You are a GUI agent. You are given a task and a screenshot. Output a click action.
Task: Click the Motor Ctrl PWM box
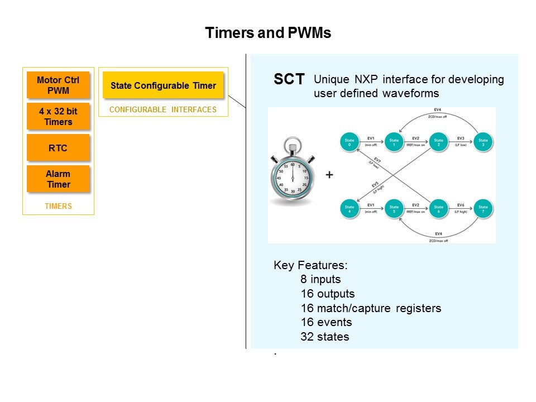click(58, 85)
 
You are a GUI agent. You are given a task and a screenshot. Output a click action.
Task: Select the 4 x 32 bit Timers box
click(58, 117)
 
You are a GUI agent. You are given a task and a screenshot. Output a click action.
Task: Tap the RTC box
click(58, 147)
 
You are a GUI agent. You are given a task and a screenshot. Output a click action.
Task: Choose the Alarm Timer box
click(58, 179)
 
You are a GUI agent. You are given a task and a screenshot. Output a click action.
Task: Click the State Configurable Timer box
click(163, 86)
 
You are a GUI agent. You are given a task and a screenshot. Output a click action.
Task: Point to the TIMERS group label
click(58, 207)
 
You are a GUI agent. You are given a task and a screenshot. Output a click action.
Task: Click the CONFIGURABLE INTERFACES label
click(163, 110)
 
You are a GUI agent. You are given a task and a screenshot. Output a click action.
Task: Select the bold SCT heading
click(289, 80)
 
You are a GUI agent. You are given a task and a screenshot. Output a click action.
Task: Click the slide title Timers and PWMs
click(268, 33)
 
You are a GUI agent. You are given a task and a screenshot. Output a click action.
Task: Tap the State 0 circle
click(350, 142)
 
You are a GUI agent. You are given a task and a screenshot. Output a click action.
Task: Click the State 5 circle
click(394, 210)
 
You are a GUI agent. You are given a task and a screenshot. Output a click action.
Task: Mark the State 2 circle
click(438, 142)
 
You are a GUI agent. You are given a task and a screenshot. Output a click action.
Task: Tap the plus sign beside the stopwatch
click(329, 175)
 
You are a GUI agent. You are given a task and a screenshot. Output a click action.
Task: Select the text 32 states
click(324, 337)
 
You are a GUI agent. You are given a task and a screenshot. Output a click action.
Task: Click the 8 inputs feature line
click(320, 279)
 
